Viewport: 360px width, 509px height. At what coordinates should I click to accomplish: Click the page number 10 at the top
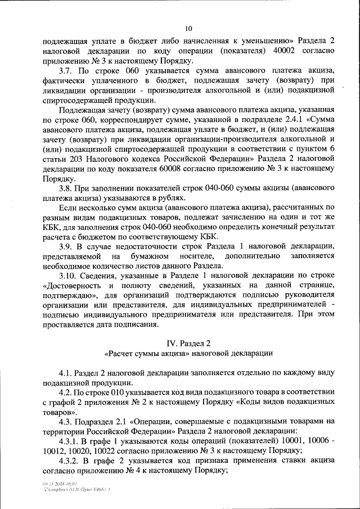(x=188, y=29)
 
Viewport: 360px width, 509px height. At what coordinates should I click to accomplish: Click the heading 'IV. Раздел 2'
(x=188, y=343)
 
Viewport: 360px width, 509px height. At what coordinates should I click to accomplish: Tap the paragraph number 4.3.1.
(x=71, y=441)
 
